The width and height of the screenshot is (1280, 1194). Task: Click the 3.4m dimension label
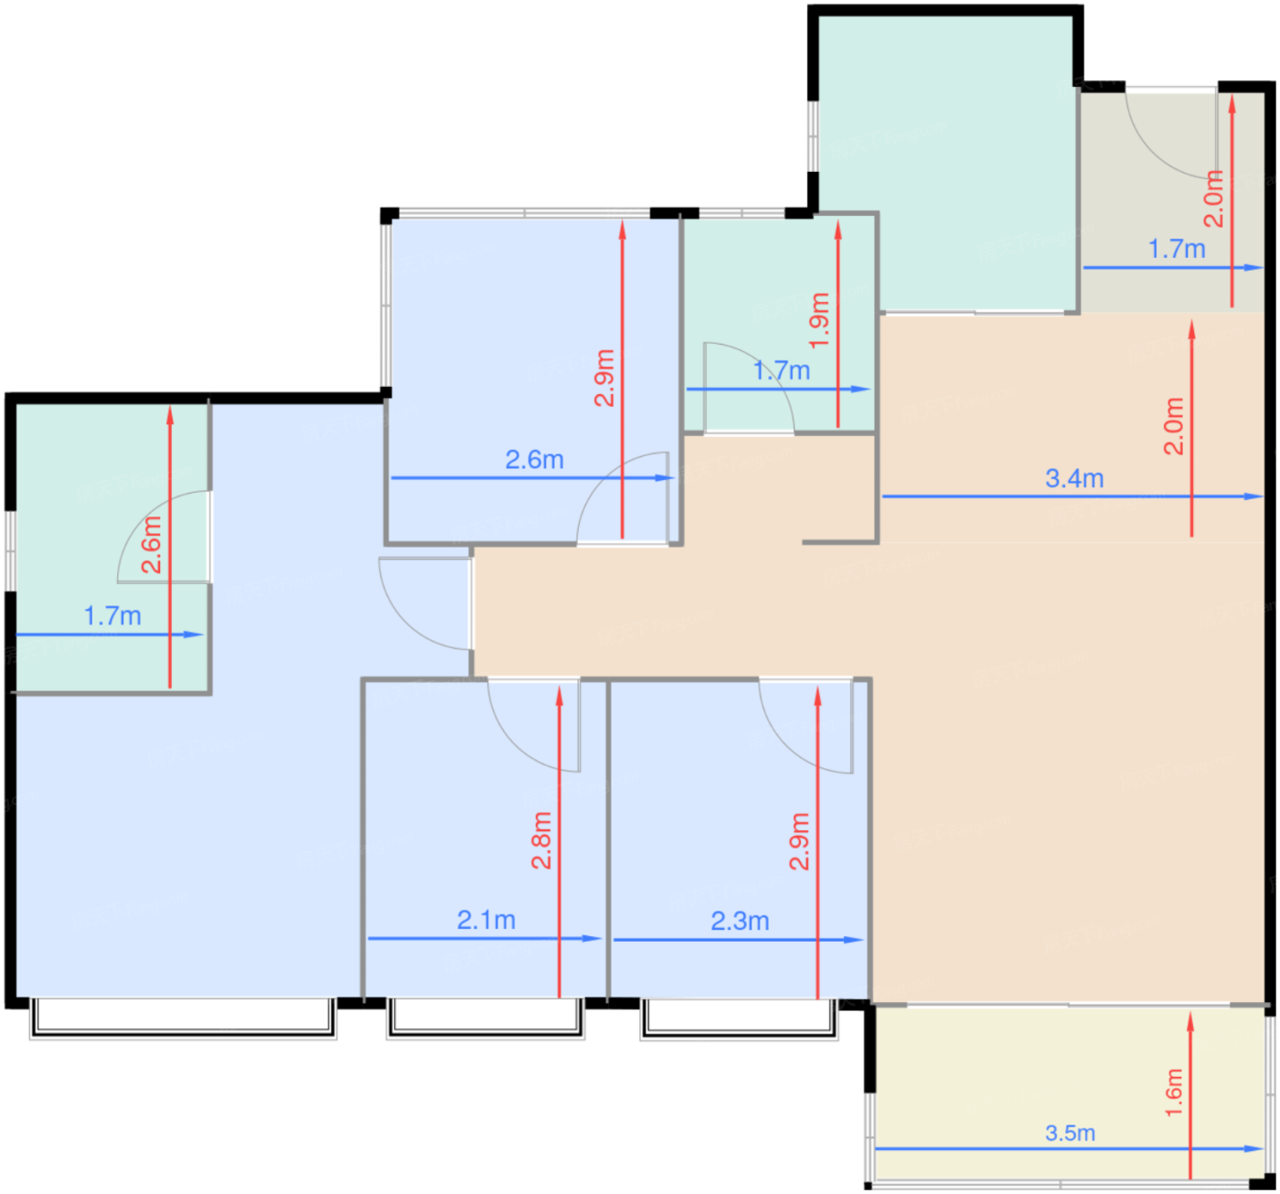tap(1073, 478)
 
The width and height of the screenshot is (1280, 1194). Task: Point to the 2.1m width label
tap(486, 920)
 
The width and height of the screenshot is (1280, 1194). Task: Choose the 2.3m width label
tap(740, 922)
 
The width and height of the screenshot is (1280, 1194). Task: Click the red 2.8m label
tap(540, 841)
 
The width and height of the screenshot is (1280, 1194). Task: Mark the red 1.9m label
tap(819, 321)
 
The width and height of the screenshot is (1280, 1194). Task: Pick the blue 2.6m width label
tap(534, 460)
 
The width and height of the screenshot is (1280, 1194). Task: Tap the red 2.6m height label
tap(152, 545)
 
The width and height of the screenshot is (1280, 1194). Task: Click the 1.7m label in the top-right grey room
tap(1177, 249)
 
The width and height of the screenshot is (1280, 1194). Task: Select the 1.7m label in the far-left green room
tap(112, 616)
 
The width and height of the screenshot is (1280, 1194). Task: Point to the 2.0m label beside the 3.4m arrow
tap(1174, 427)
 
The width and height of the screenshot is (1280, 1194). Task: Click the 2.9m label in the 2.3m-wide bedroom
tap(799, 841)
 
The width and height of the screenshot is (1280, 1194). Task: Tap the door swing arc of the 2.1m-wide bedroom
tap(516, 748)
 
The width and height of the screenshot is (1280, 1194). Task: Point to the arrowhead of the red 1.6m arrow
tap(1190, 1022)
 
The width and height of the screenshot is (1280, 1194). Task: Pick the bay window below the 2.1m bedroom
tap(486, 1019)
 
